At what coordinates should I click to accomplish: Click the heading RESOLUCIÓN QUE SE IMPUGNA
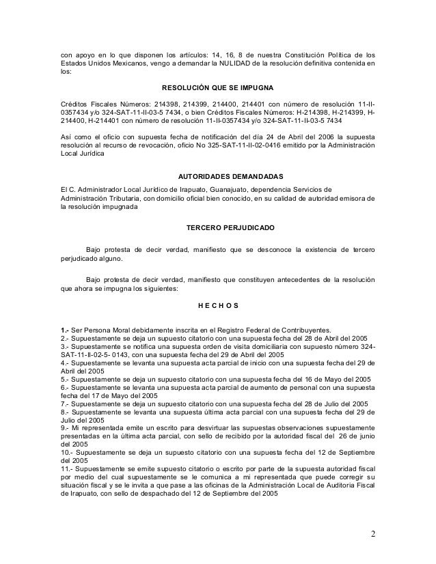217,89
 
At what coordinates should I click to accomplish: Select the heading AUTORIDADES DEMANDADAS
217,175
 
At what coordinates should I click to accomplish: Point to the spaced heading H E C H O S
217,305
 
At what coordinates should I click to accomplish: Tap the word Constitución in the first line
285,54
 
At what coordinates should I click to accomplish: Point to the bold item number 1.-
66,328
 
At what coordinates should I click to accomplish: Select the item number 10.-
68,451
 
